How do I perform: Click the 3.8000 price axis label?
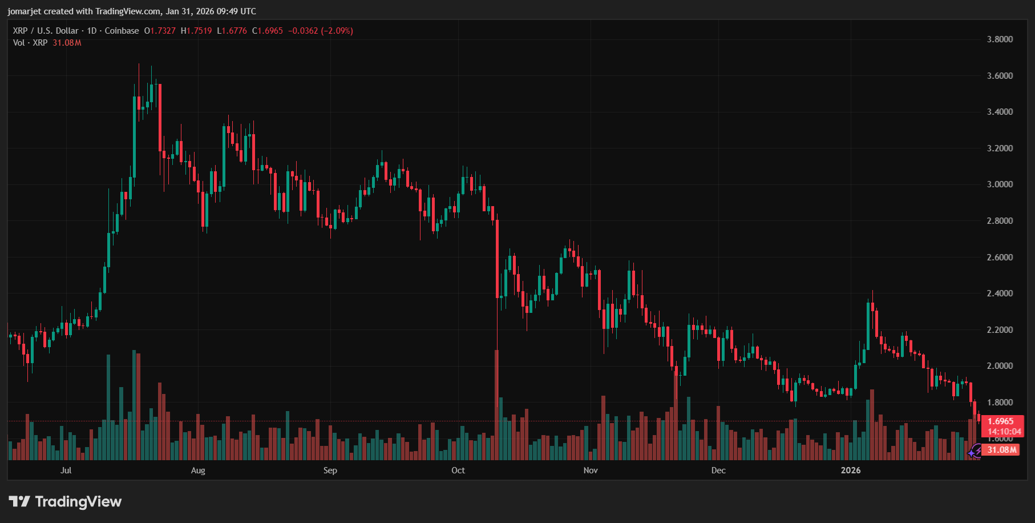click(x=1000, y=39)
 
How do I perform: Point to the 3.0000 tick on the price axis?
click(x=1000, y=184)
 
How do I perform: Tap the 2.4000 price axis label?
click(x=1000, y=293)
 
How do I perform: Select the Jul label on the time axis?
click(x=66, y=470)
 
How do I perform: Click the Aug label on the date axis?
click(x=198, y=470)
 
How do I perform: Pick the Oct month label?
click(x=458, y=470)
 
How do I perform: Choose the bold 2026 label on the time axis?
click(x=851, y=470)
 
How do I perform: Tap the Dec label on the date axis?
click(x=718, y=470)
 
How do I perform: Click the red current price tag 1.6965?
click(x=1001, y=421)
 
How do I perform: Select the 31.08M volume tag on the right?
click(x=1002, y=450)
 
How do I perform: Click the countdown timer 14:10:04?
click(x=1004, y=432)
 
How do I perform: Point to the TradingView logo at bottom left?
click(x=65, y=502)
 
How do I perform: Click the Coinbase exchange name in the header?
click(x=122, y=31)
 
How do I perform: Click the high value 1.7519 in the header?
click(x=199, y=31)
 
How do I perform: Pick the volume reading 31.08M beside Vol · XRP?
click(x=67, y=43)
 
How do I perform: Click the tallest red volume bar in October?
click(x=496, y=405)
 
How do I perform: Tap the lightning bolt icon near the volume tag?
click(x=976, y=452)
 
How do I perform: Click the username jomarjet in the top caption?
click(x=25, y=11)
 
